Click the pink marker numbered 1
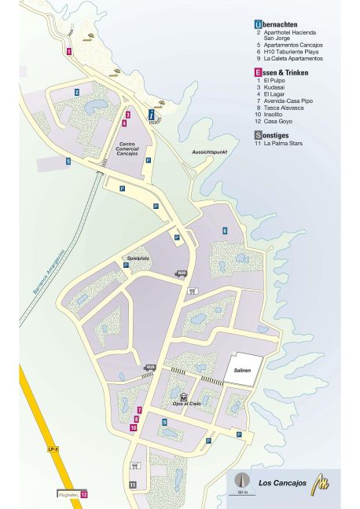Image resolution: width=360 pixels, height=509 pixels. (69, 52)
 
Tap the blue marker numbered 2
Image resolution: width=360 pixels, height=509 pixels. (77, 92)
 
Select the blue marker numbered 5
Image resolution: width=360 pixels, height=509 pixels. (68, 161)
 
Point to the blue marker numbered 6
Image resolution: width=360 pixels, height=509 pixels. (224, 230)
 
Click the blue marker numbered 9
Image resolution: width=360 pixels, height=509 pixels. (164, 422)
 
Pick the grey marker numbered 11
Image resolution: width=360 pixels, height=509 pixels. (133, 485)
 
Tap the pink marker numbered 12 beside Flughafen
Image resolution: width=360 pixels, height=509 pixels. (83, 494)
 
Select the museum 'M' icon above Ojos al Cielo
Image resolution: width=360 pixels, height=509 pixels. (183, 397)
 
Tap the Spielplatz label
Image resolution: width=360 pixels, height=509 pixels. (138, 257)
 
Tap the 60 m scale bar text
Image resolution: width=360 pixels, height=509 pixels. (241, 491)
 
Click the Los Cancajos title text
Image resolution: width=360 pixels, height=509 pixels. (280, 482)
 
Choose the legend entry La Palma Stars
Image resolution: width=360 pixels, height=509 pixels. (285, 144)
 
